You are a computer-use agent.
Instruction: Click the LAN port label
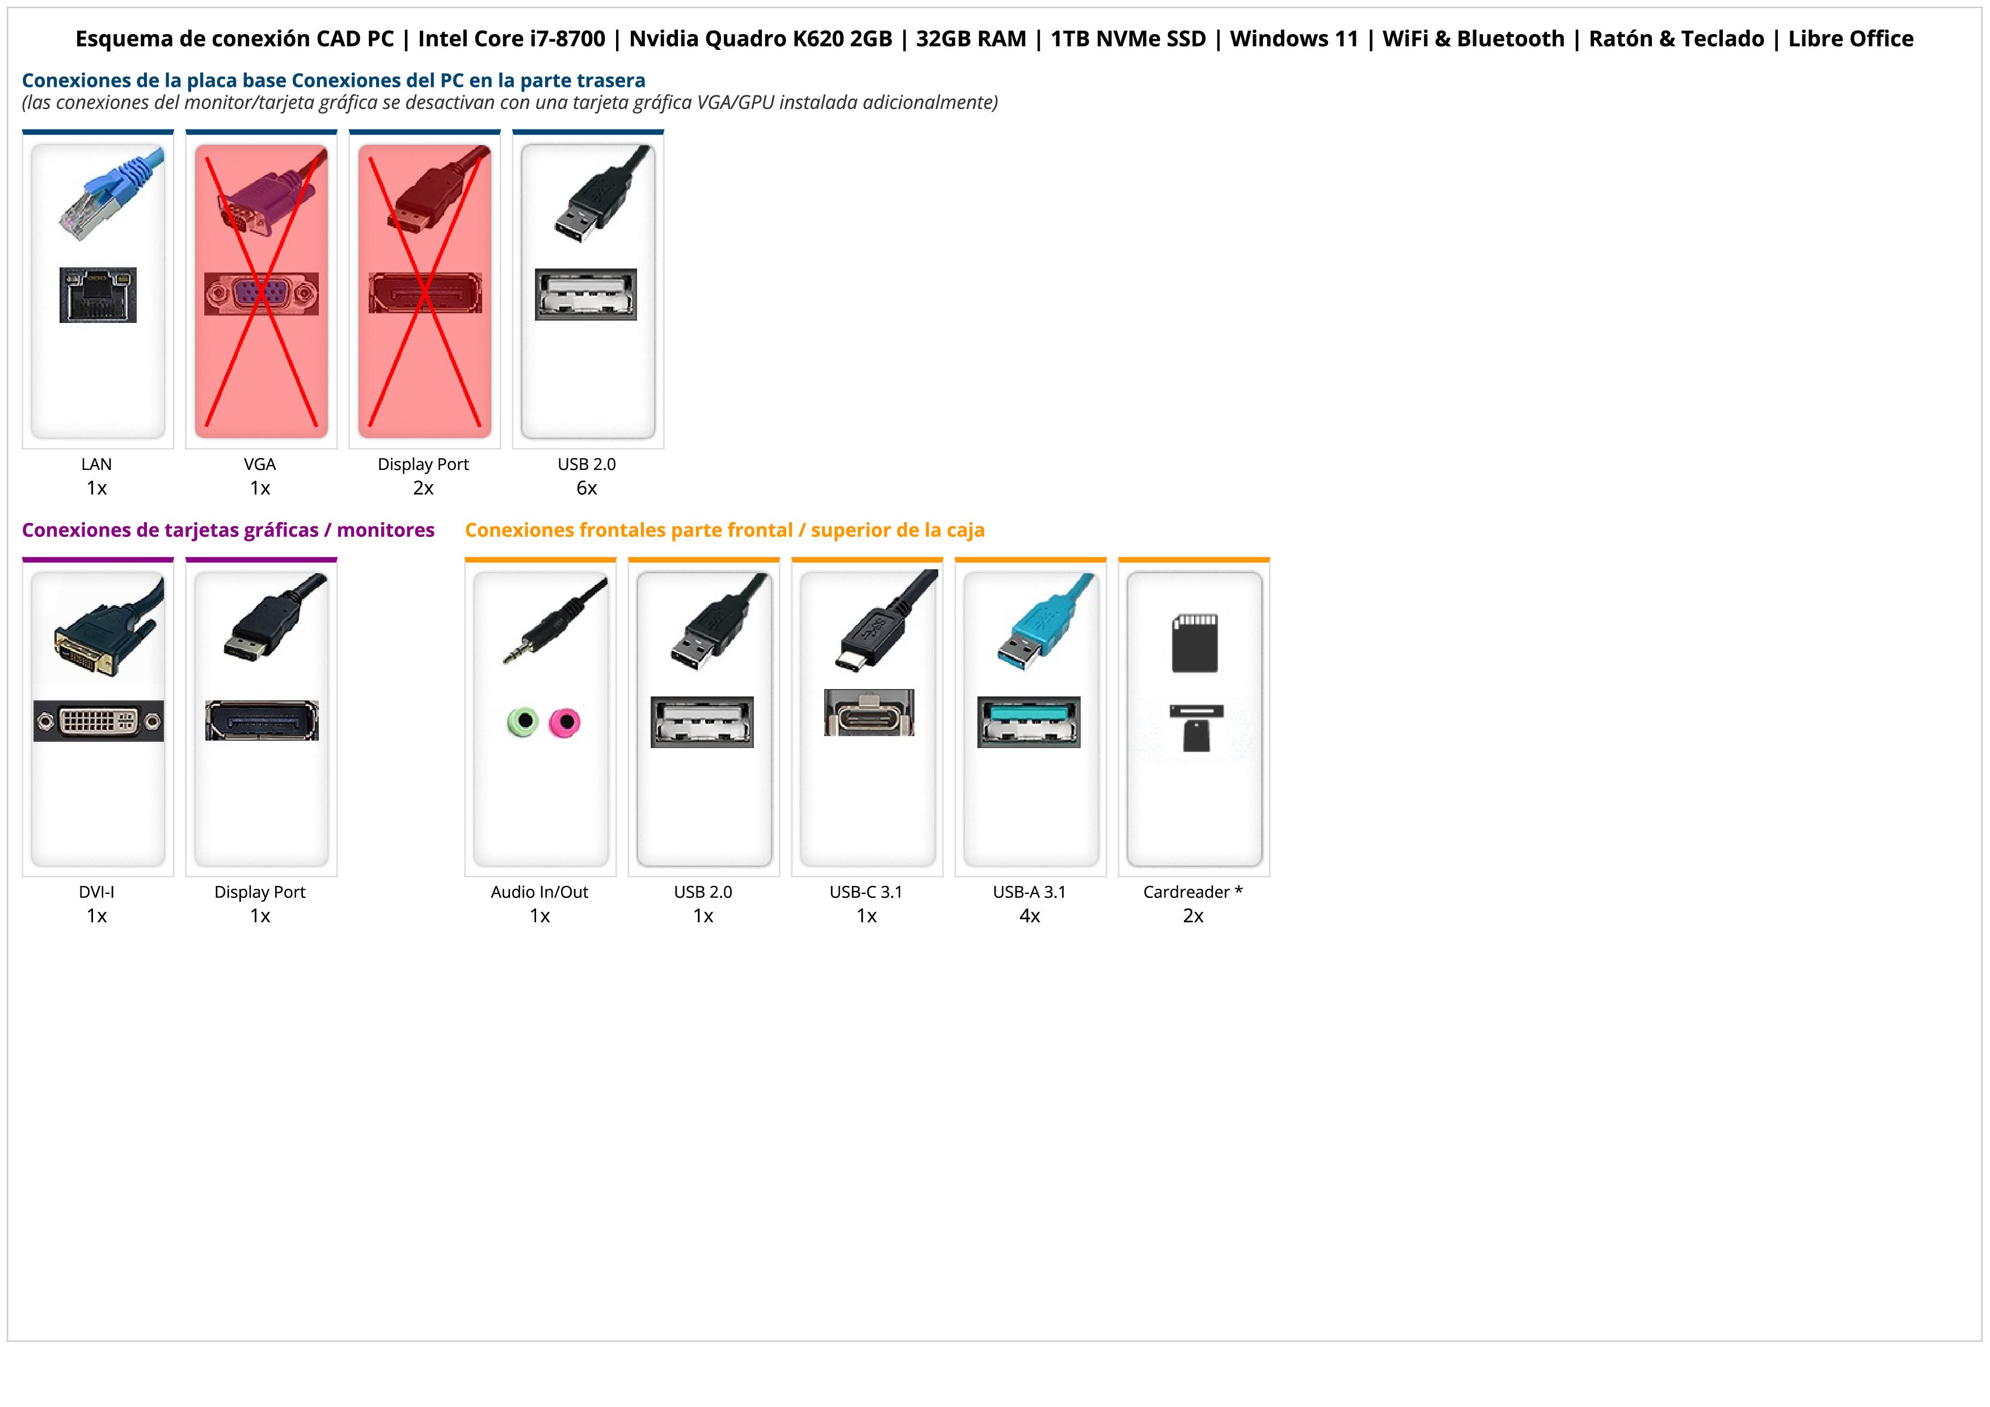pyautogui.click(x=96, y=464)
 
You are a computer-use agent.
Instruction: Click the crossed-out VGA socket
pyautogui.click(x=261, y=294)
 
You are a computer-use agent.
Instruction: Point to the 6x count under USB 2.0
pyautogui.click(x=587, y=488)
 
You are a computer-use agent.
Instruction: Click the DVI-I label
pyautogui.click(x=96, y=892)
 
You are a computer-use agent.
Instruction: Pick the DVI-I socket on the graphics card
pyautogui.click(x=98, y=720)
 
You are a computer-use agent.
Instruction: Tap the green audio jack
pyautogui.click(x=524, y=721)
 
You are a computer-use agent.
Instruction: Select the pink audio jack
pyautogui.click(x=565, y=721)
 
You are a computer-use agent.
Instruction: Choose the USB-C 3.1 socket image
pyautogui.click(x=868, y=713)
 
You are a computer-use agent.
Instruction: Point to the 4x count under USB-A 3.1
pyautogui.click(x=1030, y=916)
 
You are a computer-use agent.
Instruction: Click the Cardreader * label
pyautogui.click(x=1192, y=892)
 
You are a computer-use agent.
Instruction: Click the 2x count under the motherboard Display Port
pyautogui.click(x=423, y=488)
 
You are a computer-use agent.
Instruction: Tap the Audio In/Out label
pyautogui.click(x=539, y=892)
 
